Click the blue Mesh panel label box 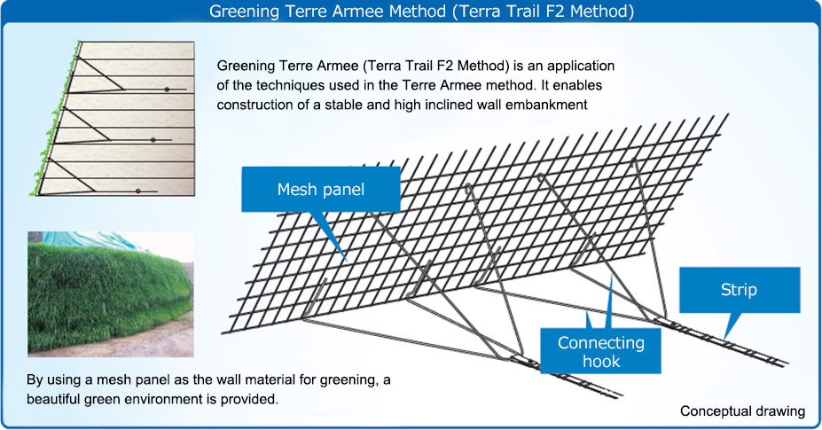coord(321,190)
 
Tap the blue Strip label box coord(740,290)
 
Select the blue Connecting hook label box coord(601,351)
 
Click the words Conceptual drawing coord(742,411)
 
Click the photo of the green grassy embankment coord(111,294)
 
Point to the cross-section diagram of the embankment coord(112,119)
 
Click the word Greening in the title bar coord(240,12)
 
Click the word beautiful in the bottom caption coord(58,399)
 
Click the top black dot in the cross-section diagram coord(167,90)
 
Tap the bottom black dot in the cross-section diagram coord(137,192)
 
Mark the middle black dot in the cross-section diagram coord(153,140)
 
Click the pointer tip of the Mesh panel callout coord(347,262)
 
